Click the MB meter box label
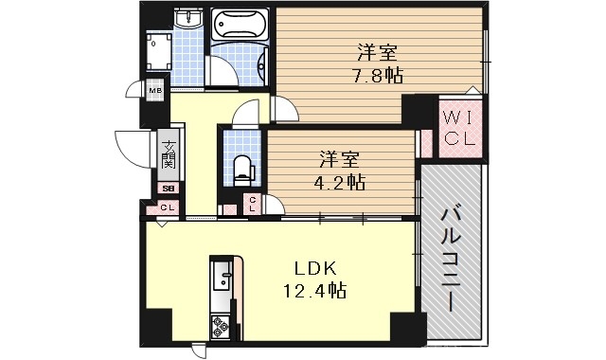click(154, 91)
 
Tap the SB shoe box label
click(167, 189)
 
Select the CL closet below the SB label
click(166, 207)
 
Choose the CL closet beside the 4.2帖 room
click(254, 203)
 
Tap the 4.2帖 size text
click(342, 181)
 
